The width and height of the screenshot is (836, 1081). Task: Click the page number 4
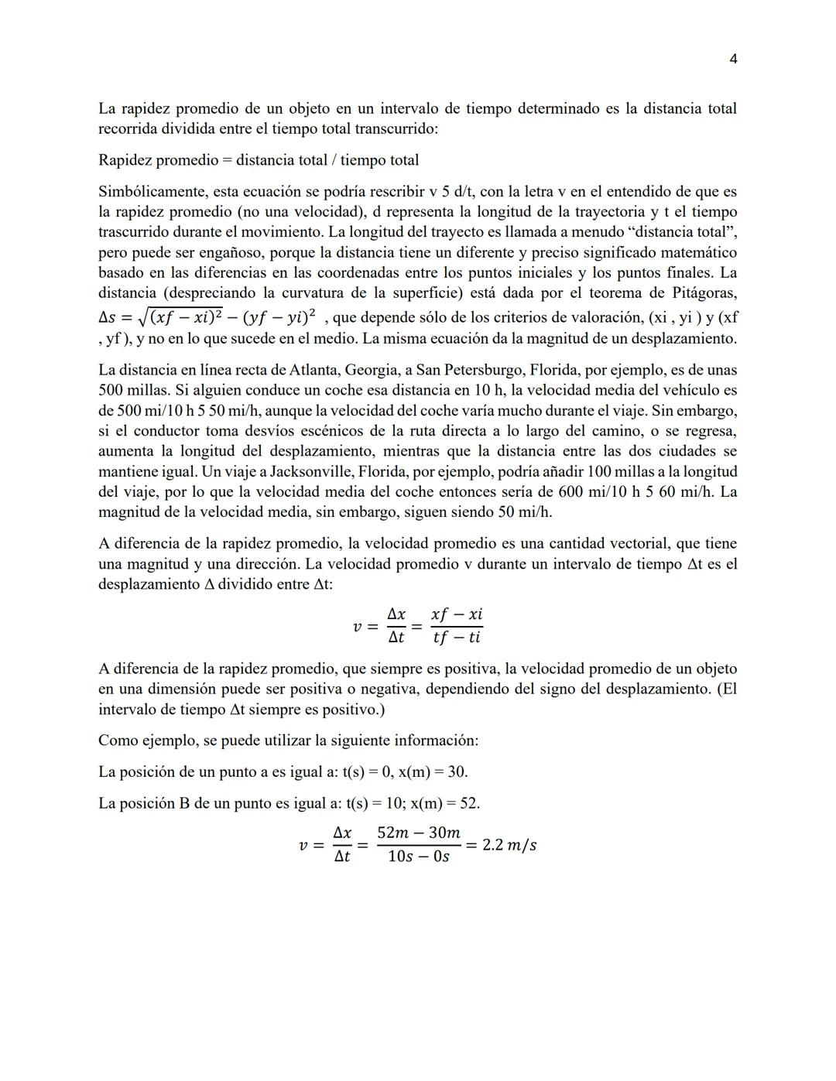coord(732,60)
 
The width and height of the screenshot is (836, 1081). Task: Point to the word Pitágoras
coord(703,293)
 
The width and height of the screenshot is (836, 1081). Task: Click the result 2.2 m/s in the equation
coord(509,845)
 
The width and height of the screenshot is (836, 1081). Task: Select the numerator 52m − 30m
coord(418,833)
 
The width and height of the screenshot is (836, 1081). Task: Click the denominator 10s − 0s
coord(418,857)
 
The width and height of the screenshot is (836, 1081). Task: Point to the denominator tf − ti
coord(457,638)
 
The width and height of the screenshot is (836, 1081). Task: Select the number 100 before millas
coord(599,471)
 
